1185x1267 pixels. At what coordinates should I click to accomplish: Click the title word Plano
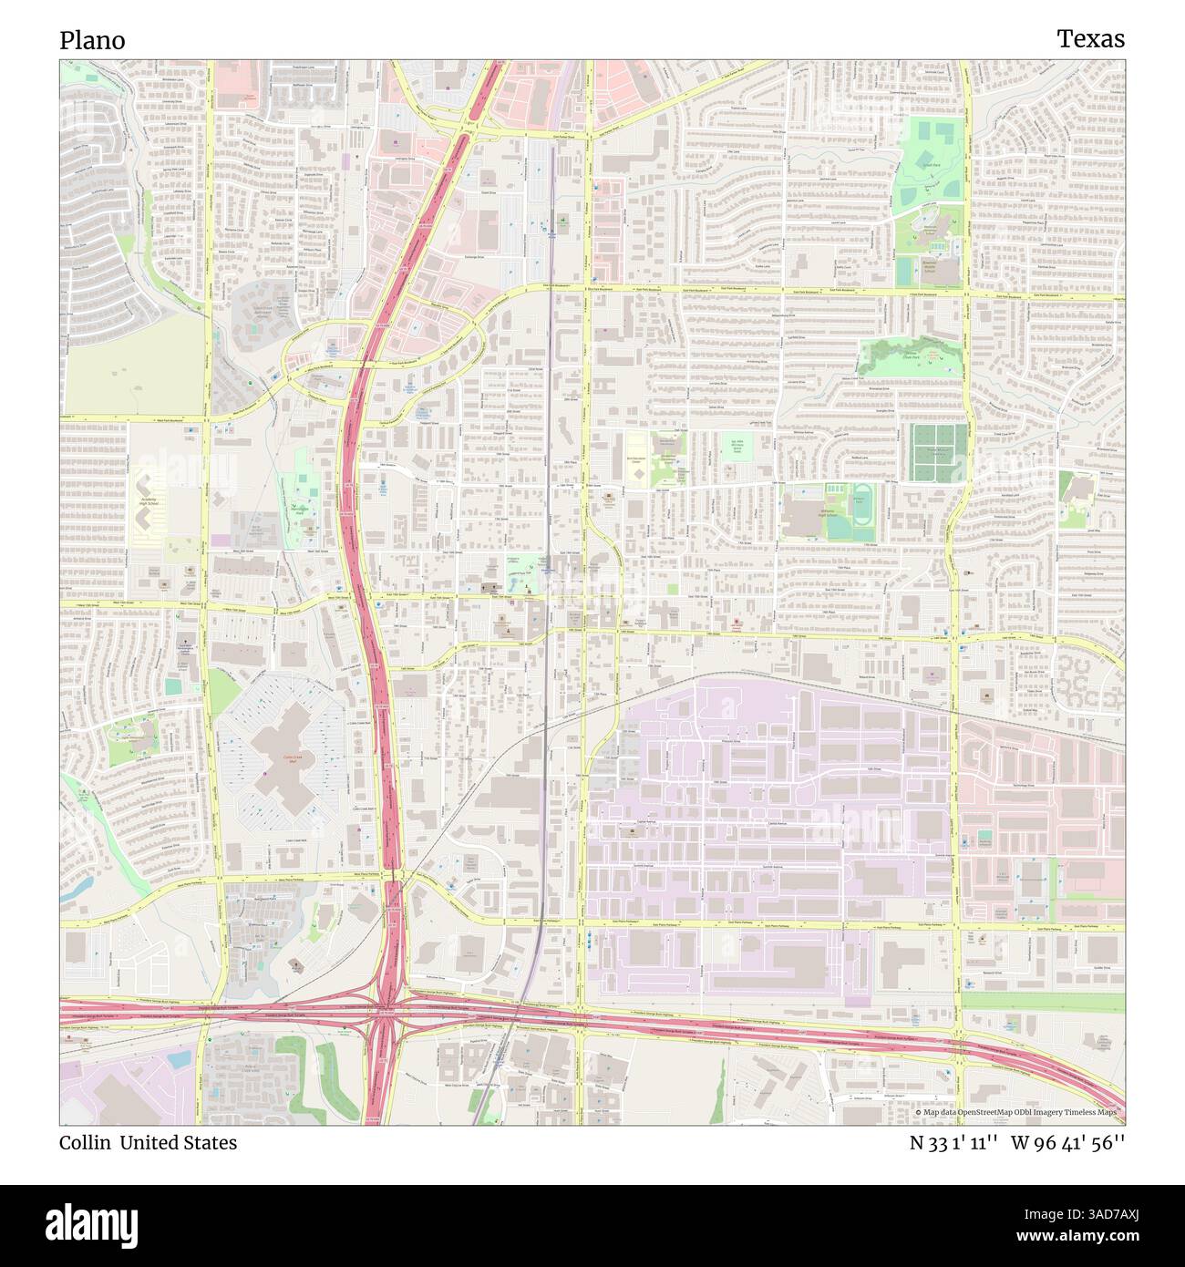(x=92, y=40)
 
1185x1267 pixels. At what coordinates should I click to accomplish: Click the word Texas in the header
(x=1090, y=38)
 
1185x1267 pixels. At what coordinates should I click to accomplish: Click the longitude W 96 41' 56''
(x=1068, y=1143)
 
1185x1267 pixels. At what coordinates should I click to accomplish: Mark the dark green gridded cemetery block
(x=936, y=452)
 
